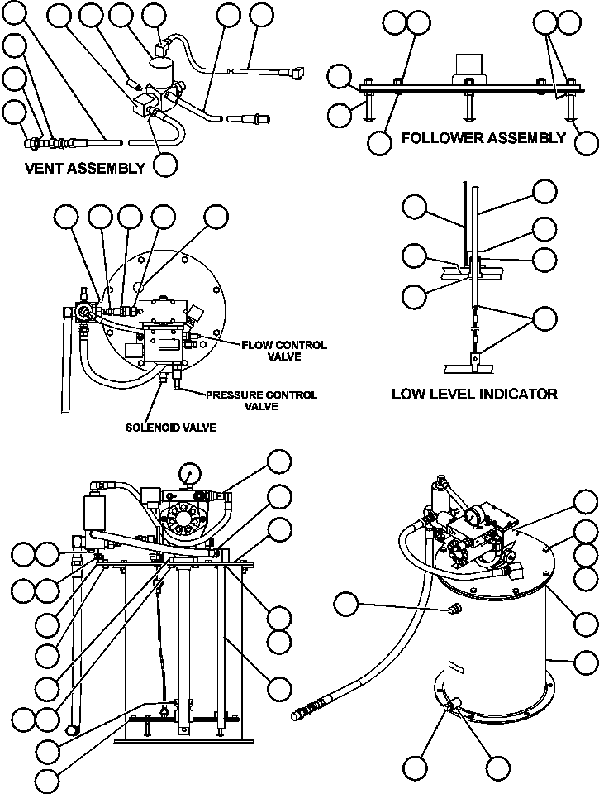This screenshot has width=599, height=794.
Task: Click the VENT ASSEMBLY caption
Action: [x=85, y=168]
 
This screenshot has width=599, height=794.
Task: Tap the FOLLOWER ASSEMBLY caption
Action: [x=483, y=137]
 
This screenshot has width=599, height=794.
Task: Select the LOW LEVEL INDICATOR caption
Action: [x=474, y=394]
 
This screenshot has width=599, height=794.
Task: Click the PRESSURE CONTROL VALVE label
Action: [x=261, y=400]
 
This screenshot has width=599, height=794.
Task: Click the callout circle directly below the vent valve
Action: [x=165, y=163]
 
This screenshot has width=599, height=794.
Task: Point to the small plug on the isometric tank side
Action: [x=451, y=610]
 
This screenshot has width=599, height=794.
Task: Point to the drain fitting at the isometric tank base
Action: [x=452, y=710]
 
